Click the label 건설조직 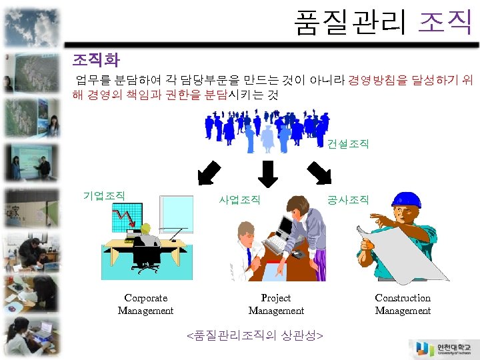347,144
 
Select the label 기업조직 103,195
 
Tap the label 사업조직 240,199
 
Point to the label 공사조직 347,199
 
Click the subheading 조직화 95,61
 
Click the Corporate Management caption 145,304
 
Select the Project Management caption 276,304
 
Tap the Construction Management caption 403,304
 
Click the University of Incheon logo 443,349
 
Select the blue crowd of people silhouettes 267,127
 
